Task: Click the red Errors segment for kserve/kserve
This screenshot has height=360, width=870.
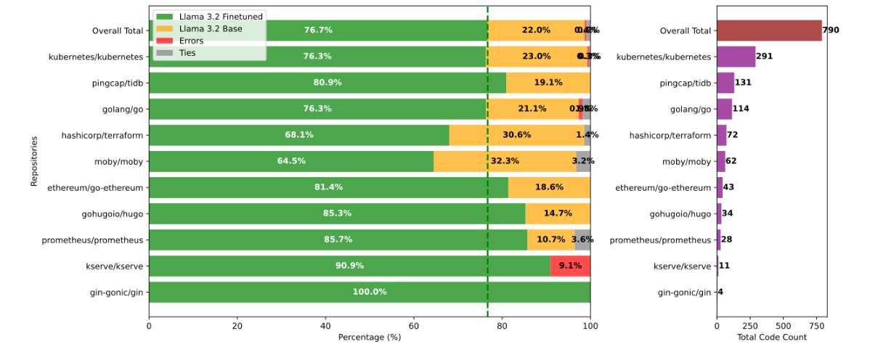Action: tap(570, 266)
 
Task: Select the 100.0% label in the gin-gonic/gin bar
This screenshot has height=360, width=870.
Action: tap(369, 292)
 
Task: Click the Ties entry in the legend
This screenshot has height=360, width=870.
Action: tap(187, 53)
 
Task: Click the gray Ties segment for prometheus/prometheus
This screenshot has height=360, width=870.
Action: tap(582, 240)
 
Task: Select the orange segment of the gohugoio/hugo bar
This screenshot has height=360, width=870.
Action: tap(557, 213)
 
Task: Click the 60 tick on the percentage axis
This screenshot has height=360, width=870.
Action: tap(414, 327)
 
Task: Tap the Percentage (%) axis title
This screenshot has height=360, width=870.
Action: tap(369, 337)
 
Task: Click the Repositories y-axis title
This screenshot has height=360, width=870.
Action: tap(34, 161)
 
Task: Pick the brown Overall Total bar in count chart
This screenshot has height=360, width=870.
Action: tap(768, 30)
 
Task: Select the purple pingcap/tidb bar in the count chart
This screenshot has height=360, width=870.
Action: tap(725, 83)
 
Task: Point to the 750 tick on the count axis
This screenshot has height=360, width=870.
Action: tap(816, 327)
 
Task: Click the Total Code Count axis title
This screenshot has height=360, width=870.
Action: tap(772, 337)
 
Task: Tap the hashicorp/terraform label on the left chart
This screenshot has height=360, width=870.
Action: tap(102, 135)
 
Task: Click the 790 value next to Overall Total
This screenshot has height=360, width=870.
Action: tap(832, 30)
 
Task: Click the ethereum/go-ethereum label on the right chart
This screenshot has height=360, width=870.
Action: tap(663, 187)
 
